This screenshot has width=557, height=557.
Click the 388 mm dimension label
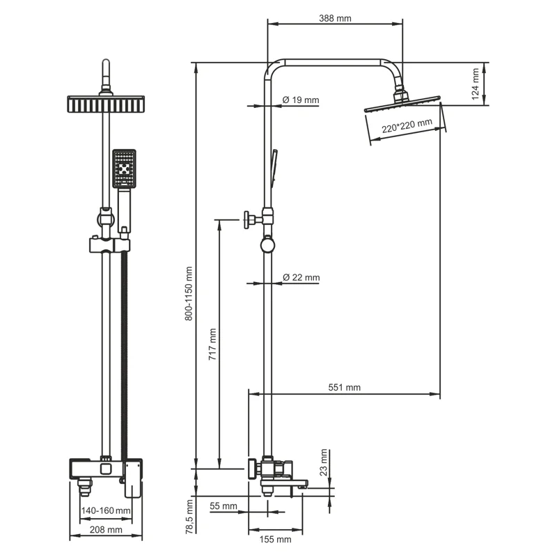click(x=335, y=18)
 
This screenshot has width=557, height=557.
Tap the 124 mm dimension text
click(x=476, y=84)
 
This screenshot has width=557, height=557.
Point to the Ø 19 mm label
click(x=301, y=100)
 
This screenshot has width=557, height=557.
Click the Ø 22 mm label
click(x=301, y=277)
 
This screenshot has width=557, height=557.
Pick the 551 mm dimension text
click(x=344, y=388)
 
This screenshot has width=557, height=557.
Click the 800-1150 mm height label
click(x=189, y=293)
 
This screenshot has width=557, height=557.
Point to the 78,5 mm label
click(x=189, y=515)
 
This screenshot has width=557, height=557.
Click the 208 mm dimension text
click(x=106, y=531)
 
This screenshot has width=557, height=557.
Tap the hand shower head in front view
click(x=125, y=168)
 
